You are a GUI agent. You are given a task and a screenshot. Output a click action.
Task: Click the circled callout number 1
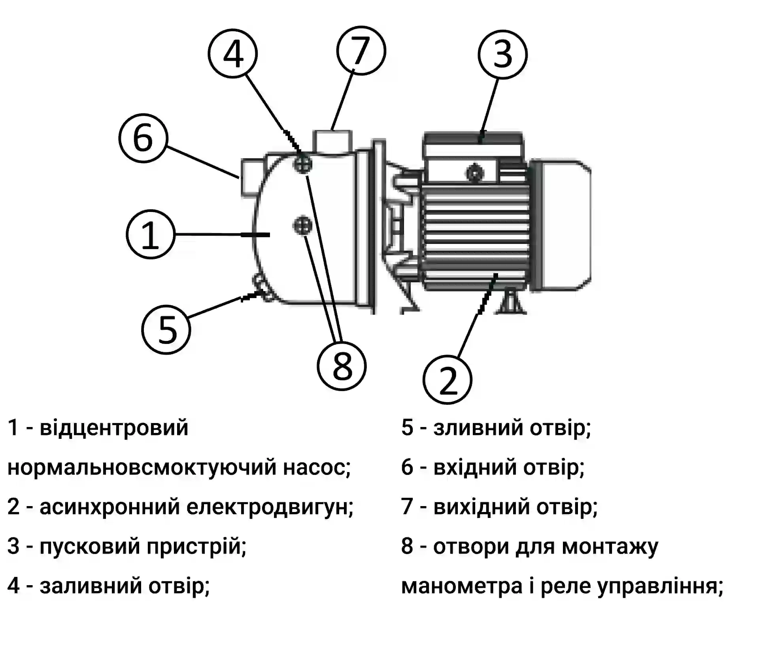[x=150, y=234]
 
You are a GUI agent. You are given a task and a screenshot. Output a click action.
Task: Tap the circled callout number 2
[x=447, y=380]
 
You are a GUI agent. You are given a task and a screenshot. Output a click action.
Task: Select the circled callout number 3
[x=502, y=54]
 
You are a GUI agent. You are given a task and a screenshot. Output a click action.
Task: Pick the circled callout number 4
[x=233, y=53]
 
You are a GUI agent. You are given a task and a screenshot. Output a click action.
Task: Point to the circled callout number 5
[x=166, y=330]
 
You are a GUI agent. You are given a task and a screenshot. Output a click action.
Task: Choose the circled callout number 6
[x=143, y=138]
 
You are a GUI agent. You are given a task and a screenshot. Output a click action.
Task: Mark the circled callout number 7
[x=361, y=51]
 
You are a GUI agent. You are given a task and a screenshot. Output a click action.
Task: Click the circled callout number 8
[x=342, y=366]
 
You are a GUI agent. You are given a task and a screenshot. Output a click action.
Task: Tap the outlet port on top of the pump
[x=332, y=141]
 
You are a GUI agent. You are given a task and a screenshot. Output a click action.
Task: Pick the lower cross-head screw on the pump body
[x=303, y=226]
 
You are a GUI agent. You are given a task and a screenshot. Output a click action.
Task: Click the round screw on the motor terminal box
[x=475, y=173]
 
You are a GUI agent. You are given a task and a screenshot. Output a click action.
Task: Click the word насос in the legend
[x=316, y=467]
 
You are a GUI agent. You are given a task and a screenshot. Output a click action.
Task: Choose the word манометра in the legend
[x=462, y=586]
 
